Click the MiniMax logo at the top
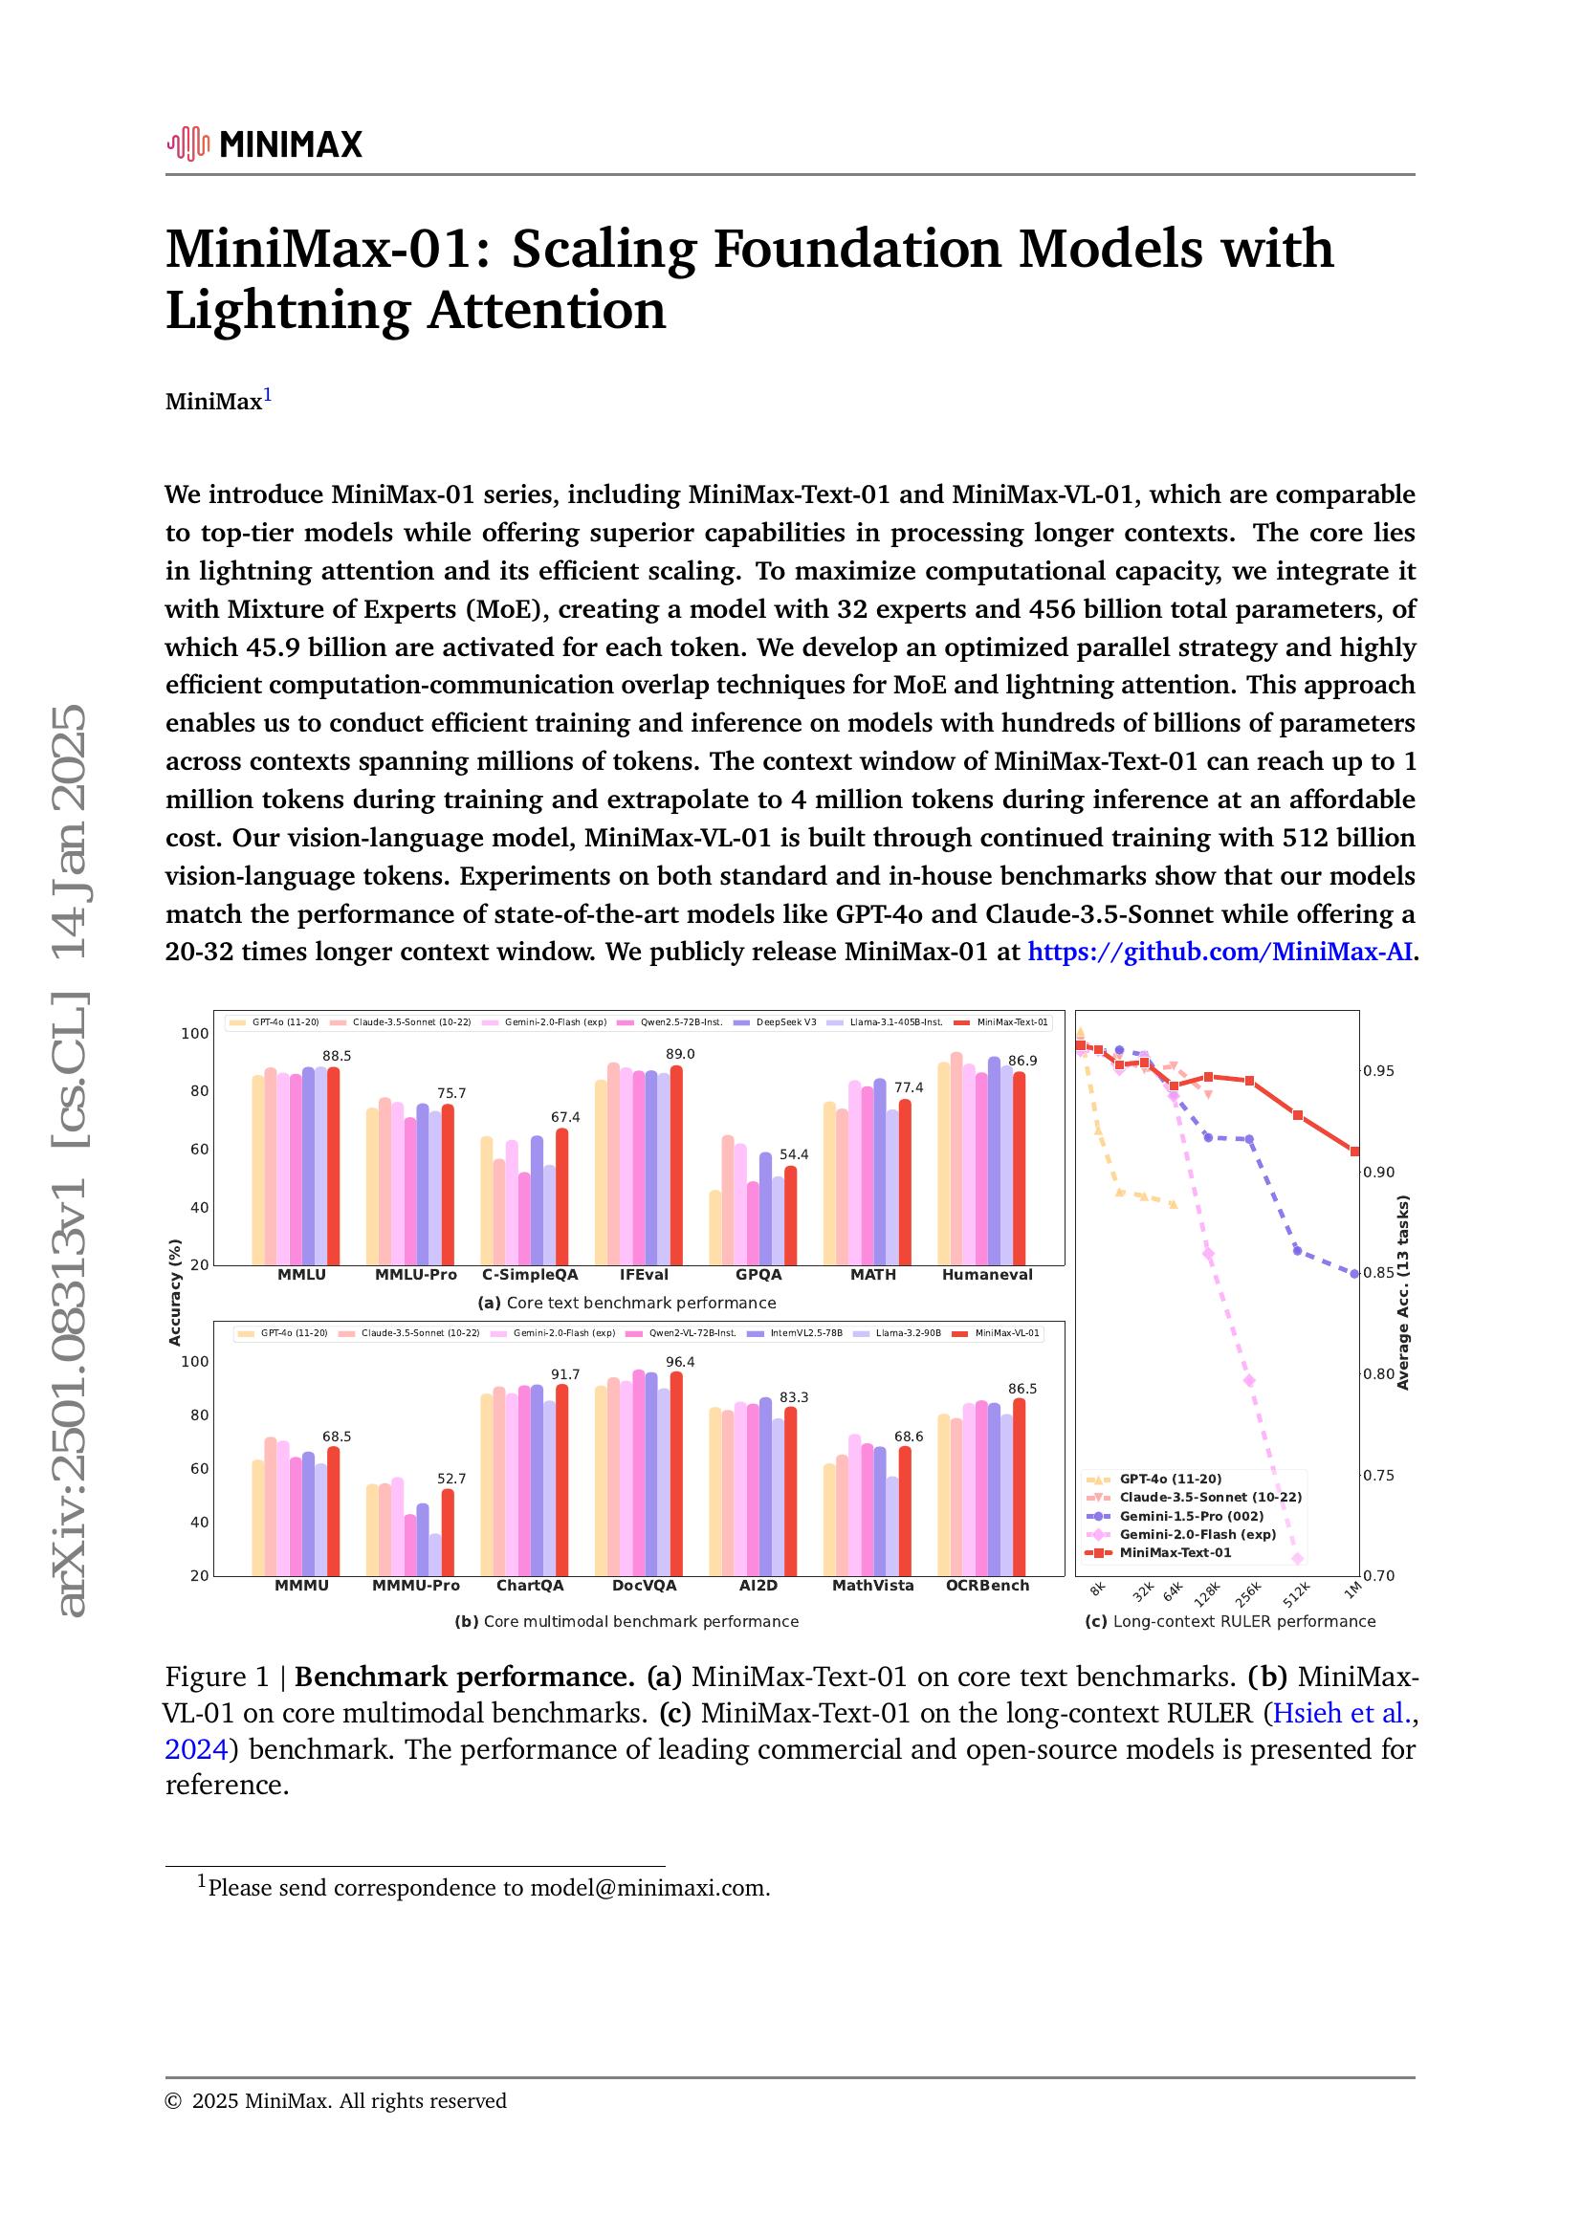point(264,144)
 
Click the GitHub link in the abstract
point(1219,952)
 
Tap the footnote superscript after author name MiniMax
point(268,396)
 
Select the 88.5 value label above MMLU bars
point(337,1055)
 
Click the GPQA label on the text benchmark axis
point(758,1274)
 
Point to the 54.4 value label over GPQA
point(794,1154)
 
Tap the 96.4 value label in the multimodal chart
point(680,1361)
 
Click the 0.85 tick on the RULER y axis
point(1378,1272)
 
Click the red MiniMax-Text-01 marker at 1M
point(1354,1151)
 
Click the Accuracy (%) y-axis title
point(175,1292)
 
